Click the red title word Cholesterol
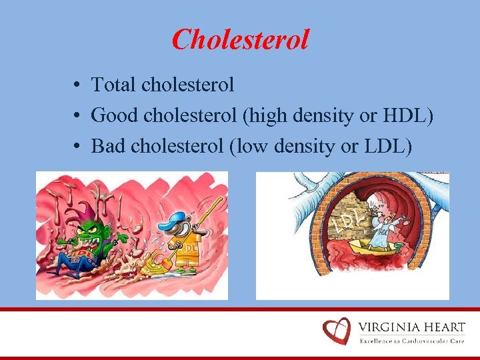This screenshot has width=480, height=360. click(x=240, y=39)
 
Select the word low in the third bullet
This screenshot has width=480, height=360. click(x=249, y=145)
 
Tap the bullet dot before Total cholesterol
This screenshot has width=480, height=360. click(x=78, y=85)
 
